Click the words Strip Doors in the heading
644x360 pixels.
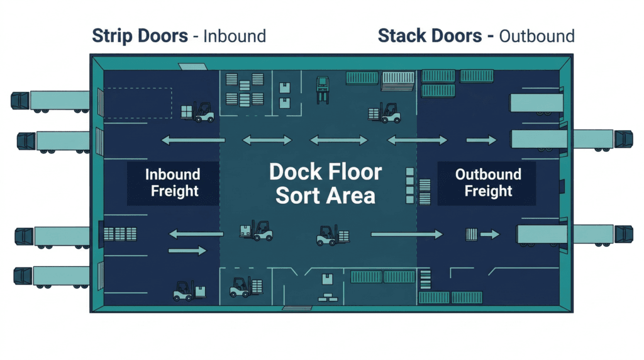click(x=140, y=35)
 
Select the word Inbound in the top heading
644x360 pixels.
click(x=234, y=36)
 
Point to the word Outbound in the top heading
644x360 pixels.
click(x=536, y=36)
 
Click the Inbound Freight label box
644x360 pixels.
click(x=173, y=183)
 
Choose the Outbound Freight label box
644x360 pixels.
click(x=487, y=183)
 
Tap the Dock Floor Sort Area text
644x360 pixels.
click(x=325, y=183)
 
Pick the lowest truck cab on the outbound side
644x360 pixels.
click(x=623, y=234)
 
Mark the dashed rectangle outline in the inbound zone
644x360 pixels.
click(x=137, y=103)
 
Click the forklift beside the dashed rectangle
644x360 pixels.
click(x=197, y=112)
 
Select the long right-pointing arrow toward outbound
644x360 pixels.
click(x=406, y=234)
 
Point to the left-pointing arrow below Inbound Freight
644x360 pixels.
click(x=194, y=234)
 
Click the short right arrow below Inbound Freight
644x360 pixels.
click(x=187, y=250)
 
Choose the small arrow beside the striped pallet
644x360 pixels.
click(x=490, y=235)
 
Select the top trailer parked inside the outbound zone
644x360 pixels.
click(x=536, y=103)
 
